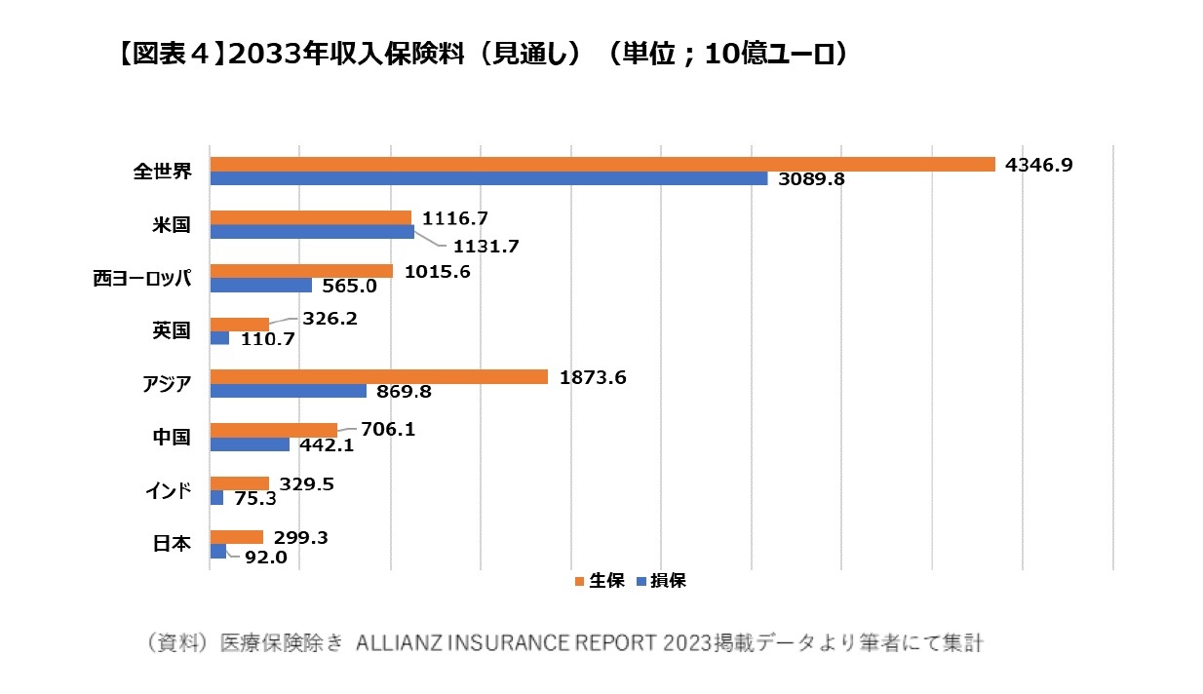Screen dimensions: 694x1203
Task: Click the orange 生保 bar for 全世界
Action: tap(601, 165)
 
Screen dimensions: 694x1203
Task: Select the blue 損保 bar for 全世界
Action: tap(488, 179)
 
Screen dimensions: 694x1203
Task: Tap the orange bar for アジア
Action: tap(378, 376)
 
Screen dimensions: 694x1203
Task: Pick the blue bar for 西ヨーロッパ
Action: tap(260, 286)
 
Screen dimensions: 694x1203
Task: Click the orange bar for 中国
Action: tap(273, 430)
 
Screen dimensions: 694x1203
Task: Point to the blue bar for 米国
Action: tap(311, 232)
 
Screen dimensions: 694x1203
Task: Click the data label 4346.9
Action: tap(1039, 165)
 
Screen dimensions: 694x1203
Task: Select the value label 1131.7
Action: tap(485, 248)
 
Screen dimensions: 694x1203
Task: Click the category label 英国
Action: tap(171, 330)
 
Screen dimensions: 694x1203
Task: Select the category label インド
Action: tap(168, 489)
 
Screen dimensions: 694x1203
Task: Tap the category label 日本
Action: tap(171, 543)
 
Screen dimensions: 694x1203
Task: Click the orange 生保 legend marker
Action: tap(579, 581)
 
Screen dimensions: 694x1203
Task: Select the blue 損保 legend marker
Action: tap(640, 581)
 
